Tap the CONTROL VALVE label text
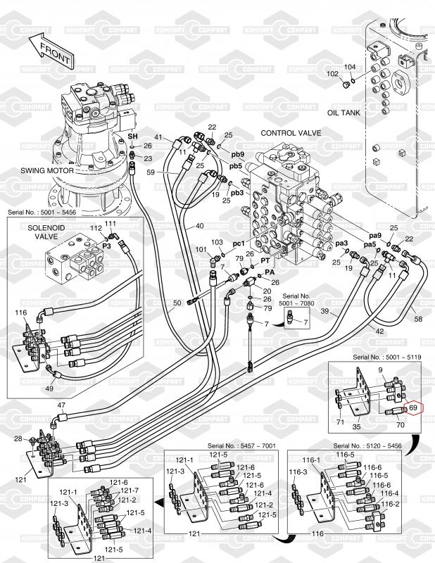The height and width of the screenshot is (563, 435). pos(286,132)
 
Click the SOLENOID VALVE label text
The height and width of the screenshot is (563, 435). pos(46,234)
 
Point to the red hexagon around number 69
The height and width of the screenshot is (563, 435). pos(414,407)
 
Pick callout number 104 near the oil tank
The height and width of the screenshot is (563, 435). pos(350,68)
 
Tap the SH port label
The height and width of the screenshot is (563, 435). pos(132,134)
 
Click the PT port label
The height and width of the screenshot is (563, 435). pos(266,260)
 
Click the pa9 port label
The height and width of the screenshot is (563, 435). pos(375,236)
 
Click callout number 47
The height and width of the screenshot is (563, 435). pos(61,405)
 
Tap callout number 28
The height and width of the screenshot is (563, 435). pos(18,439)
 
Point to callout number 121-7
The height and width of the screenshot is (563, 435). pos(130,490)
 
